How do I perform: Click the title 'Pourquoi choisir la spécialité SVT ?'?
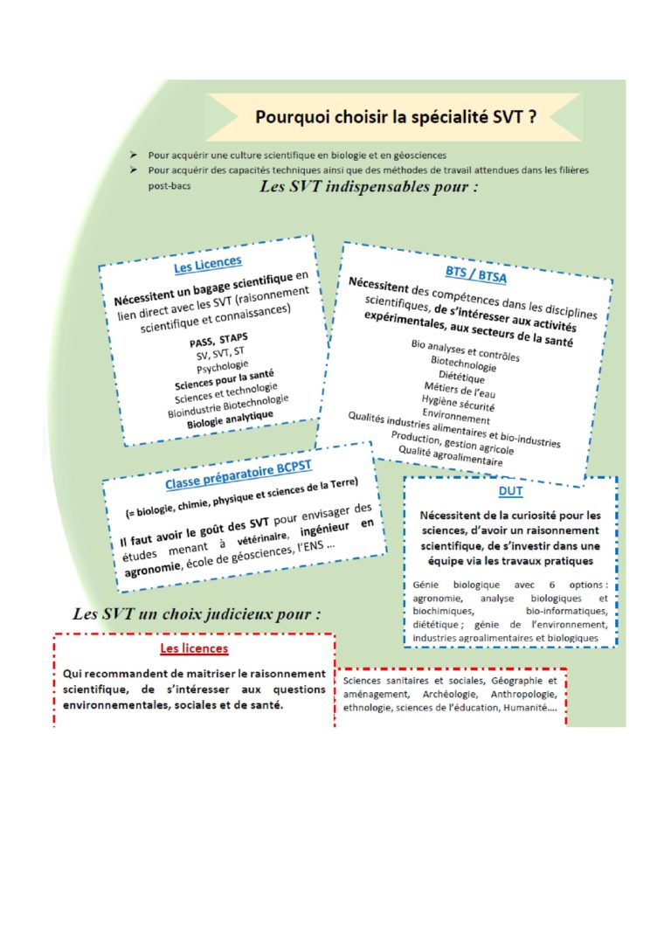click(x=396, y=116)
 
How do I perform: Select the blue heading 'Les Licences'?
click(x=208, y=263)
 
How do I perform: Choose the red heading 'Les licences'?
click(x=194, y=648)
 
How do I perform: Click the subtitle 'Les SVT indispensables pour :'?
click(x=369, y=189)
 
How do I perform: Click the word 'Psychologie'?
click(x=223, y=367)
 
